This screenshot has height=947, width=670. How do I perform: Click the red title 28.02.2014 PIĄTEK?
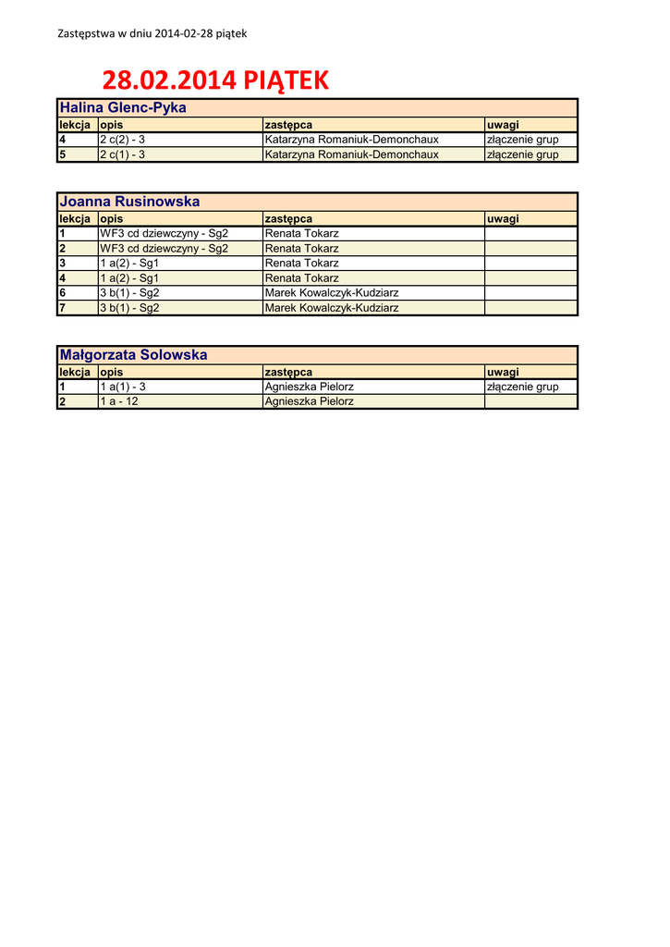click(x=214, y=80)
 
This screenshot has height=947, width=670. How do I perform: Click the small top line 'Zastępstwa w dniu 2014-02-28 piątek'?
click(x=152, y=33)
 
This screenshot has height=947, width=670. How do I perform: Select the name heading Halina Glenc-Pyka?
click(x=123, y=107)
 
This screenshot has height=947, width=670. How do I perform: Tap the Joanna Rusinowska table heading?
click(x=129, y=202)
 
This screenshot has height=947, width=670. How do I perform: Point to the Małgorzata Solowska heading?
click(x=133, y=355)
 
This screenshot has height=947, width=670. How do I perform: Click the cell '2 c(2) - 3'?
click(x=122, y=140)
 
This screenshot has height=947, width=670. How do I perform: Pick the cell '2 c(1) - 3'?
click(x=122, y=154)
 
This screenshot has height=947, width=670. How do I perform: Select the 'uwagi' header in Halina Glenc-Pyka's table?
click(x=503, y=125)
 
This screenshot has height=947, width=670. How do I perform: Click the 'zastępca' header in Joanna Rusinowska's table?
click(x=288, y=219)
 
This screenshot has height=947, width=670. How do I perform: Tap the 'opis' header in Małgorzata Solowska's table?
click(x=112, y=372)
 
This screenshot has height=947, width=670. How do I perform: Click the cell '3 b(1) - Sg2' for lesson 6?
click(x=129, y=293)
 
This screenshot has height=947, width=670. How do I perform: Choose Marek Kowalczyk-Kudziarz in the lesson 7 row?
click(x=332, y=308)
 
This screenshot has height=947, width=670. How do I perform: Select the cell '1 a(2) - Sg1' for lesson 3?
click(x=129, y=264)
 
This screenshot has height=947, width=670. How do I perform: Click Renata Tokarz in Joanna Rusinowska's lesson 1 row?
click(x=302, y=234)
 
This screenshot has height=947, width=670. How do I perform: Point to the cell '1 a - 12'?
click(x=119, y=401)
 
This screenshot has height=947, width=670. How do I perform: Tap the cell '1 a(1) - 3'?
click(x=123, y=387)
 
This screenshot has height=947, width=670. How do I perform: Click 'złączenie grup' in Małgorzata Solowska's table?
click(x=522, y=387)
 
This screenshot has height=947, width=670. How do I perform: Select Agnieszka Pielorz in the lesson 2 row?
click(x=309, y=401)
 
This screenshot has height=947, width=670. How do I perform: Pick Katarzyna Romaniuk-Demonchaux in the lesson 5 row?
click(x=351, y=154)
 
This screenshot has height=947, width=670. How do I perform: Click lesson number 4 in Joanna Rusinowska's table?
click(x=62, y=278)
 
